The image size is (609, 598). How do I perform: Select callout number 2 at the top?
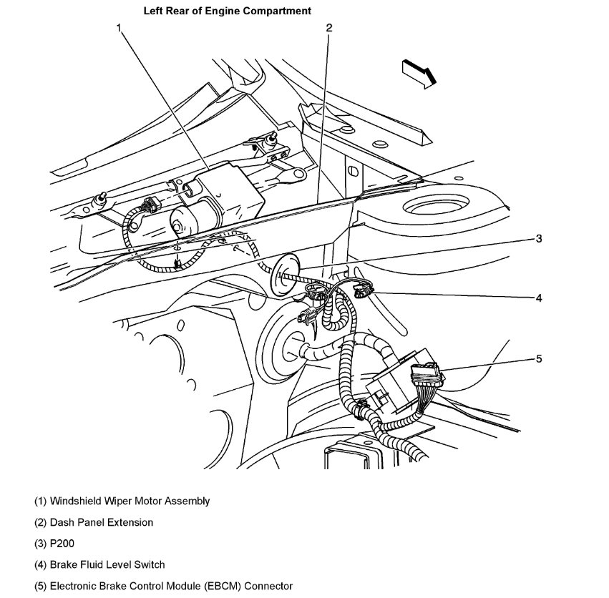(328, 28)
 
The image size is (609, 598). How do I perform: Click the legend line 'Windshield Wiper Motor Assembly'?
(122, 501)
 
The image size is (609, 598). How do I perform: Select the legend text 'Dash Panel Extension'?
(101, 522)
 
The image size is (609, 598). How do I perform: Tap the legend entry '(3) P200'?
(54, 544)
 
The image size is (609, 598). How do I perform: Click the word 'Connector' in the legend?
(268, 586)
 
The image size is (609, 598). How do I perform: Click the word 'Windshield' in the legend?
(73, 501)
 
